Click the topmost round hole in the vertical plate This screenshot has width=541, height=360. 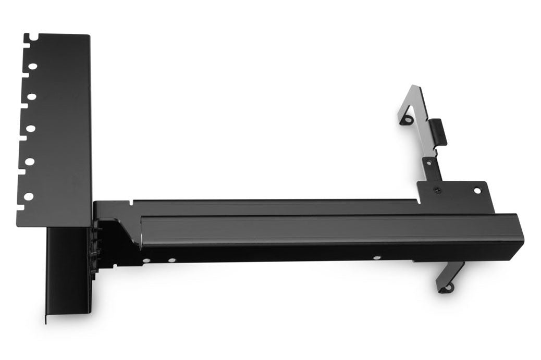(x=32, y=67)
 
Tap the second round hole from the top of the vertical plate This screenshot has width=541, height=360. (x=32, y=97)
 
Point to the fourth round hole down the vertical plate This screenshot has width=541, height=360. (x=30, y=162)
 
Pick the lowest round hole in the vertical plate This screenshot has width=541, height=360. (x=28, y=196)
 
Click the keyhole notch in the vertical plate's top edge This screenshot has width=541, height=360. (x=33, y=38)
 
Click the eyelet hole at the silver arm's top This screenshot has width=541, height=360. (x=405, y=120)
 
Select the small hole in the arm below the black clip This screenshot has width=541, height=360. (x=428, y=163)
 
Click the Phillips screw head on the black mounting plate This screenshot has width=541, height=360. (x=437, y=190)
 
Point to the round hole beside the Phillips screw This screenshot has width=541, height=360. (x=477, y=190)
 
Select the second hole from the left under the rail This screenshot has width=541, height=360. (x=171, y=259)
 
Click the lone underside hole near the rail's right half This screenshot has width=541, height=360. (x=376, y=257)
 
